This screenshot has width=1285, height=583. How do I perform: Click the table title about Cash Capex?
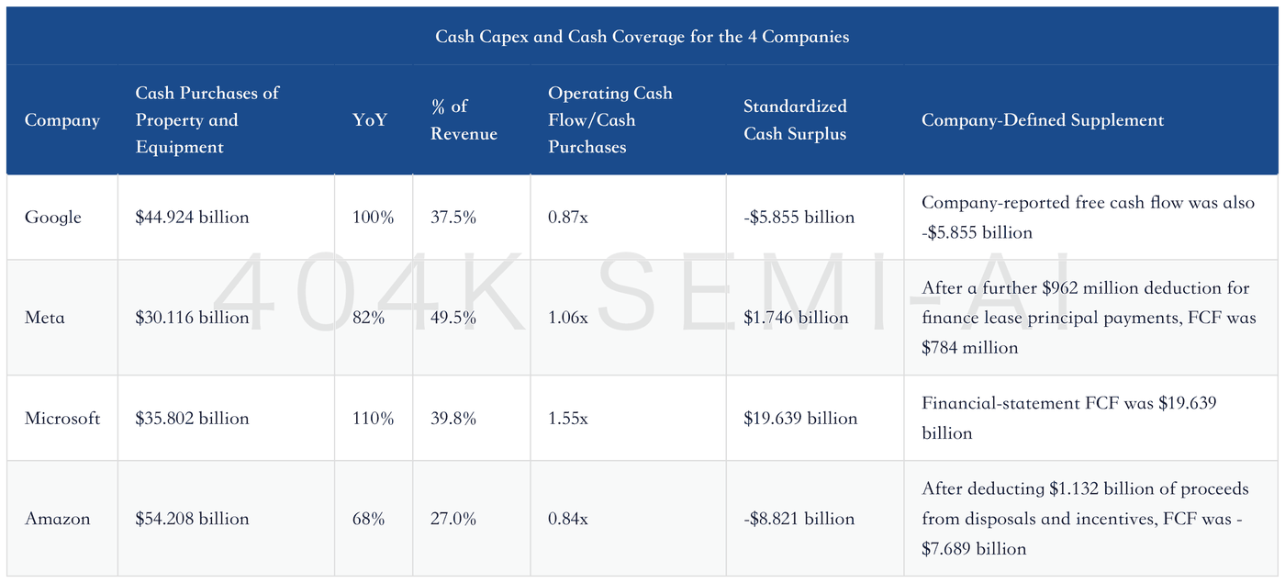[x=642, y=37]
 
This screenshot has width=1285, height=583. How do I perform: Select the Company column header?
[x=62, y=120]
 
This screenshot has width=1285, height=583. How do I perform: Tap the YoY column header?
[x=369, y=120]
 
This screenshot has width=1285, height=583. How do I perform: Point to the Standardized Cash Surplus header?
[x=795, y=120]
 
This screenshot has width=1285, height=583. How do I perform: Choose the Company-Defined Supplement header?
[x=1043, y=120]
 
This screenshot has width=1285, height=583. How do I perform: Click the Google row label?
[x=53, y=218]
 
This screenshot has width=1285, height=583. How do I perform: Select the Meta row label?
[x=44, y=318]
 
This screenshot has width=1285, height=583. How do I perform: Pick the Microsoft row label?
[x=62, y=418]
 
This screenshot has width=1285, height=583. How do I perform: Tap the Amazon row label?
[x=57, y=519]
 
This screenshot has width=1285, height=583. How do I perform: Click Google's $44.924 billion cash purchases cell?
[x=192, y=217]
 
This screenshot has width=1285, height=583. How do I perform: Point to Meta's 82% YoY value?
[x=368, y=318]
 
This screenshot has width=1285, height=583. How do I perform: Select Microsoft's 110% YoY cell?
[x=373, y=418]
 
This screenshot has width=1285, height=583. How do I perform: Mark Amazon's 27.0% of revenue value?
[x=453, y=519]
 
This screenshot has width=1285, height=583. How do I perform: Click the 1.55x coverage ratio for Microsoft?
[x=568, y=418]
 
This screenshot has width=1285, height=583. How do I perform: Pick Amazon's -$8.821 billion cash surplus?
[x=799, y=519]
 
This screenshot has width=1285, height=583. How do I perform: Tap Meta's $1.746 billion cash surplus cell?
[x=796, y=318]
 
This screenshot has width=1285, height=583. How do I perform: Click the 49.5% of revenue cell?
[x=453, y=318]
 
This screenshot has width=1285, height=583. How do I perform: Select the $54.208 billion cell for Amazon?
[x=192, y=519]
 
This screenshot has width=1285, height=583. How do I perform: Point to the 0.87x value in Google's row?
[x=568, y=218]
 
